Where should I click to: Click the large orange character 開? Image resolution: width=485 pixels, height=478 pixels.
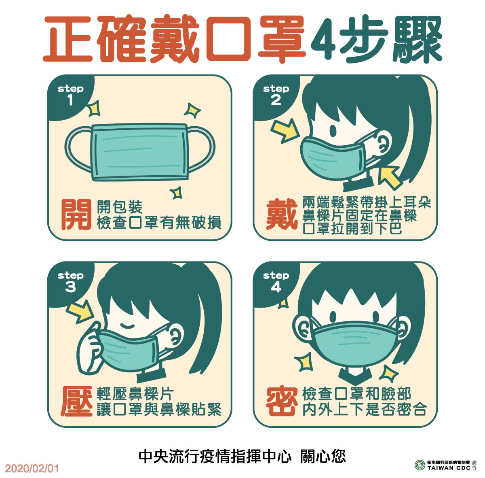point(76,215)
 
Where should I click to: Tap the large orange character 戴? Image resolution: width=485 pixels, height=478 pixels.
point(281,215)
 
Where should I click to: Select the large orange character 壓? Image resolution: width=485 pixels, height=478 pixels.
point(76,402)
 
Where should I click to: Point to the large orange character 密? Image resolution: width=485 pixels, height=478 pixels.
point(282,402)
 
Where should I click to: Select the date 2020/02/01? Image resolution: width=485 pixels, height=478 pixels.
point(32,469)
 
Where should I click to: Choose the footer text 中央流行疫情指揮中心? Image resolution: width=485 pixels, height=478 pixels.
point(215,457)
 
